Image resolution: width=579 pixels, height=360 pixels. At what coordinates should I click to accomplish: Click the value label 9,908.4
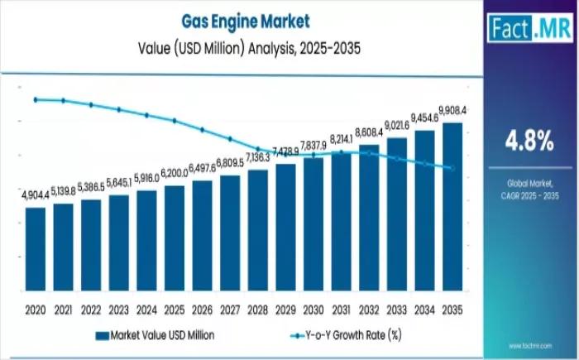click(452, 110)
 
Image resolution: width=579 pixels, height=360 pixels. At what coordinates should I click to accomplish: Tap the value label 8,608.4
click(369, 132)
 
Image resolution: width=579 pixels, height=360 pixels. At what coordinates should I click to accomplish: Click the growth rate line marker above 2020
click(36, 99)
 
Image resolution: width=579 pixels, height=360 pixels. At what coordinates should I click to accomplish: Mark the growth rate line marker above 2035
click(452, 168)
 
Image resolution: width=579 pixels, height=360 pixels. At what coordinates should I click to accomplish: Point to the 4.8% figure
click(530, 142)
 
